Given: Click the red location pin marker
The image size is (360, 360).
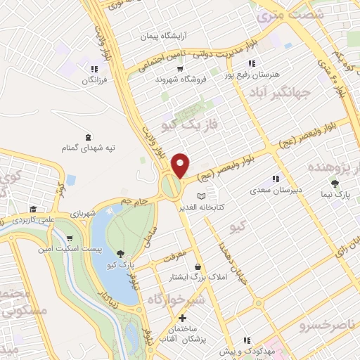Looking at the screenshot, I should coord(181,165).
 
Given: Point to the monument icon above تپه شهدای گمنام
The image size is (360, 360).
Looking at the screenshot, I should coord(88,136).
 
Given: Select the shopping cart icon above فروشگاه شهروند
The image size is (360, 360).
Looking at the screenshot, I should coord(181,69).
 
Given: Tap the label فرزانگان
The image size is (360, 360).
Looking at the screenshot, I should coord(97,81).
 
